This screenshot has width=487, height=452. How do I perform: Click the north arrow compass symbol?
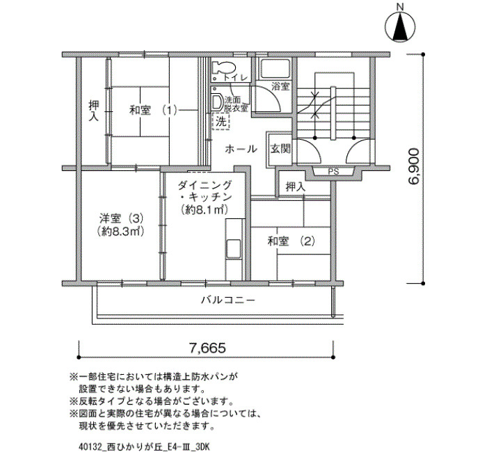click(x=400, y=27)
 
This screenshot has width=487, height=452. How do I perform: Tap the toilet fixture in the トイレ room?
click(x=224, y=67)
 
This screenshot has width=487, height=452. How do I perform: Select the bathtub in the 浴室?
click(x=275, y=69)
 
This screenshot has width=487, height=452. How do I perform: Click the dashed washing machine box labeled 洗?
click(x=221, y=121)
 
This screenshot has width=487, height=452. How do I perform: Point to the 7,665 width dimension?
click(x=207, y=348)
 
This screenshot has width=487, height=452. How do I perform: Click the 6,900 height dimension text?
click(x=414, y=167)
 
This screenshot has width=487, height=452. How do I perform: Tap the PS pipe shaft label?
click(x=333, y=172)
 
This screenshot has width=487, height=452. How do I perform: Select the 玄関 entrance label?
click(x=280, y=149)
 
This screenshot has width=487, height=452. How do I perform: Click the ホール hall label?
click(x=241, y=149)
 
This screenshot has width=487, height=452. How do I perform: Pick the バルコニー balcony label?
click(x=228, y=300)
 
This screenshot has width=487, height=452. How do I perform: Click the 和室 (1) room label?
click(x=153, y=110)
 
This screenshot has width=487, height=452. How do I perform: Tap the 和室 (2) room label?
click(x=292, y=241)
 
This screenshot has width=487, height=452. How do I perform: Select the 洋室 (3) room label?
click(x=121, y=219)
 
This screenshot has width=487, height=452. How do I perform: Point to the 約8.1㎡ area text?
click(x=205, y=210)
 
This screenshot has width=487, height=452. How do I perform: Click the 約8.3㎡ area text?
click(x=120, y=232)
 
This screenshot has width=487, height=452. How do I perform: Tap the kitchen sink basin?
click(x=234, y=249)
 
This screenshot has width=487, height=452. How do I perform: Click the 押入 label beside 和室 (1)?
click(x=93, y=110)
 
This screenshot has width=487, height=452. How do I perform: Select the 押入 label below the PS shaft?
click(x=296, y=187)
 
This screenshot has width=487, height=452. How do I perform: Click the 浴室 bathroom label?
click(x=280, y=86)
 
